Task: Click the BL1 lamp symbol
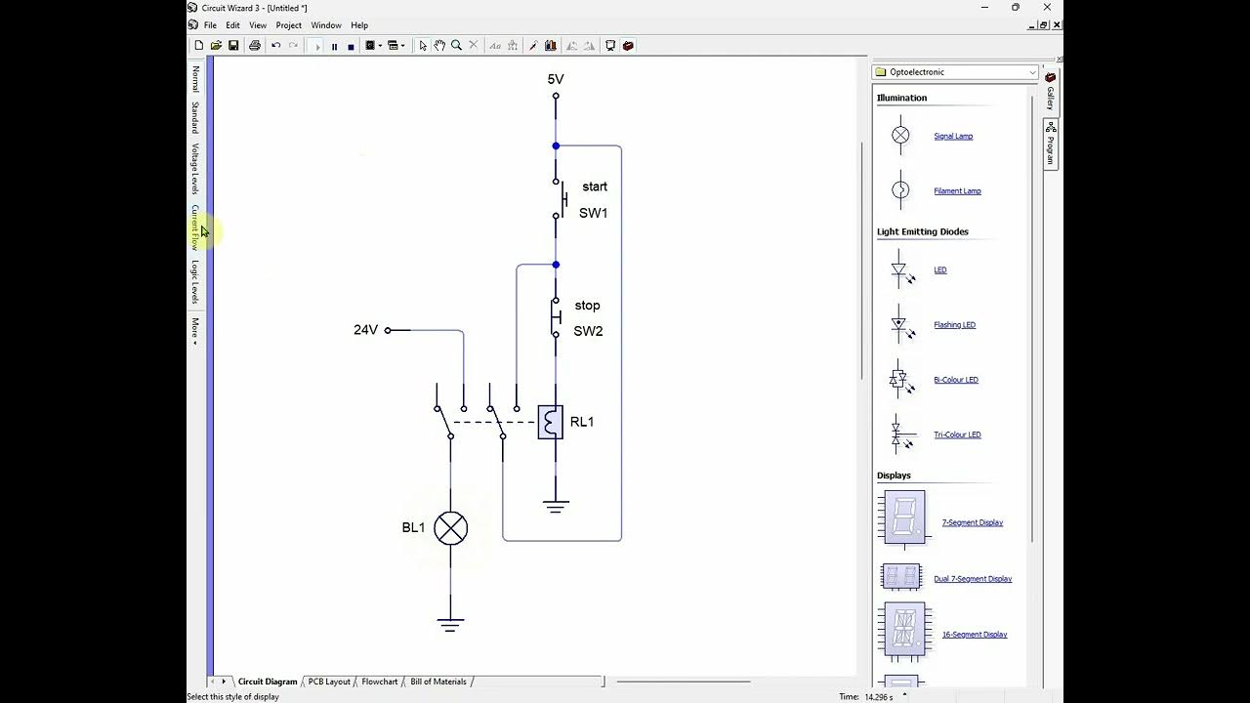pyautogui.click(x=450, y=528)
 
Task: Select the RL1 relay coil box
pyautogui.click(x=551, y=422)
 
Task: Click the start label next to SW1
pyautogui.click(x=594, y=186)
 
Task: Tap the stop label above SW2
pyautogui.click(x=587, y=306)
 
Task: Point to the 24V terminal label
pyautogui.click(x=365, y=330)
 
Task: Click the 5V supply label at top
pyautogui.click(x=556, y=80)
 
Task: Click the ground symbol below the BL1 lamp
pyautogui.click(x=450, y=624)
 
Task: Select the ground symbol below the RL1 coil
pyautogui.click(x=556, y=506)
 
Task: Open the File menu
pyautogui.click(x=210, y=25)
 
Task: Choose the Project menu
pyautogui.click(x=288, y=25)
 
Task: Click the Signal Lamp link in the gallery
pyautogui.click(x=952, y=136)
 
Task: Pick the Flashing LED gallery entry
pyautogui.click(x=954, y=325)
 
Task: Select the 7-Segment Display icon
pyautogui.click(x=902, y=517)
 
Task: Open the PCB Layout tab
pyautogui.click(x=329, y=682)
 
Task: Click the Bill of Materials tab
pyautogui.click(x=437, y=682)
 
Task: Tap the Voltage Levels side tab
pyautogui.click(x=195, y=168)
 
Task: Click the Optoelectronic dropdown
pyautogui.click(x=954, y=72)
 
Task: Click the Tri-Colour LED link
pyautogui.click(x=956, y=434)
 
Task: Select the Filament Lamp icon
pyautogui.click(x=900, y=190)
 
